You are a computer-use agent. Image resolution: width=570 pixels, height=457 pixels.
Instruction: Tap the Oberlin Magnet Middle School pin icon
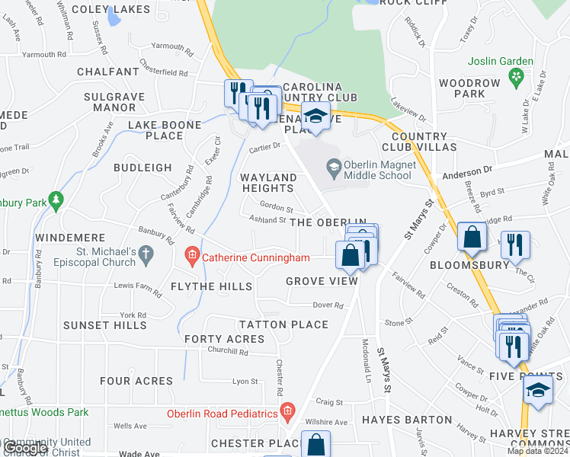pyautogui.click(x=332, y=165)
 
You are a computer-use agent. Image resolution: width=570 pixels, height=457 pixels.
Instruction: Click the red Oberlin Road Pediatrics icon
pyautogui.click(x=287, y=414)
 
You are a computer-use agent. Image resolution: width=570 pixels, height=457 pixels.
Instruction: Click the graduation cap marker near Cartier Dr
pyautogui.click(x=314, y=116)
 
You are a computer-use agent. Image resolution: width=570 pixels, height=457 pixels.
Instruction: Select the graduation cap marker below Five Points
pyautogui.click(x=538, y=390)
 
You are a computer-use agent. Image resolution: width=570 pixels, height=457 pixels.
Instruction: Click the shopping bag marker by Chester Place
pyautogui.click(x=315, y=445)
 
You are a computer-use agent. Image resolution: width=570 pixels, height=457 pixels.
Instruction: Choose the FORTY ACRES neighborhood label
pyautogui.click(x=223, y=339)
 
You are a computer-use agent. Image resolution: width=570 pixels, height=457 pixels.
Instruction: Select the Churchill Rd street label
pyautogui.click(x=228, y=352)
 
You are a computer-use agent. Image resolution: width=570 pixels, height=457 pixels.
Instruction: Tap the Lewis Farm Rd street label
pyautogui.click(x=134, y=286)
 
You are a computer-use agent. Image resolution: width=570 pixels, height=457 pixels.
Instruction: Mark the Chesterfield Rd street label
pyautogui.click(x=163, y=72)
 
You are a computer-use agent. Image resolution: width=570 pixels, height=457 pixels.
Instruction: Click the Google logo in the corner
pyautogui.click(x=24, y=448)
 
